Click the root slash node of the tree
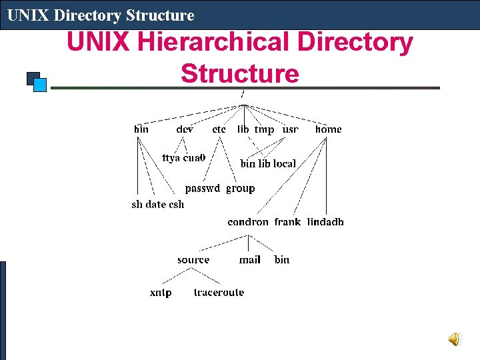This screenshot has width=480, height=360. coord(242,93)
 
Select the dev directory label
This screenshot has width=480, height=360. coord(185,129)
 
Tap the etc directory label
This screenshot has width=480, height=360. coord(219,129)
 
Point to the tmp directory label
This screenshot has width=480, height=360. coord(264,129)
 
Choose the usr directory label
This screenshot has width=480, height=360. coord(291,129)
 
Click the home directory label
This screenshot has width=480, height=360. coord(328,129)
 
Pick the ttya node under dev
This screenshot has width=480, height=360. coord(171,158)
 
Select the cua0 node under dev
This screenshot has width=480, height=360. coord(194,158)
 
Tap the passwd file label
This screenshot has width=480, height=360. coord(203,188)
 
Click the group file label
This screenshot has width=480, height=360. coord(241,188)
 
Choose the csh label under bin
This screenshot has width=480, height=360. coord(176,204)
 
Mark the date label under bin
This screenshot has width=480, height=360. coord(156,204)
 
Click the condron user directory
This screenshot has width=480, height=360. coord(248,222)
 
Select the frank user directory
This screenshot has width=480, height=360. coord(287,222)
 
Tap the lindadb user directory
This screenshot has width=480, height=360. coord(325,222)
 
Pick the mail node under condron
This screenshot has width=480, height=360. coord(250,259)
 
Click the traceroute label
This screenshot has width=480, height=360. coord(219,292)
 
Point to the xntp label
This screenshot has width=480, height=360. coord(161,292)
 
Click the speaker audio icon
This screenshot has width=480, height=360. coord(453,340)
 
